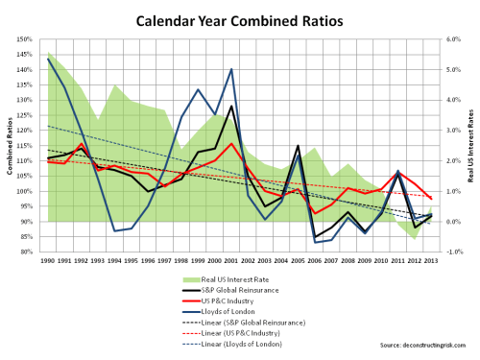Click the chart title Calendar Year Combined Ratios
click(x=239, y=19)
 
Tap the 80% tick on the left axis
click(x=26, y=252)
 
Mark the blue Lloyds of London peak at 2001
click(x=231, y=69)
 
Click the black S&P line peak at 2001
click(x=231, y=106)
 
